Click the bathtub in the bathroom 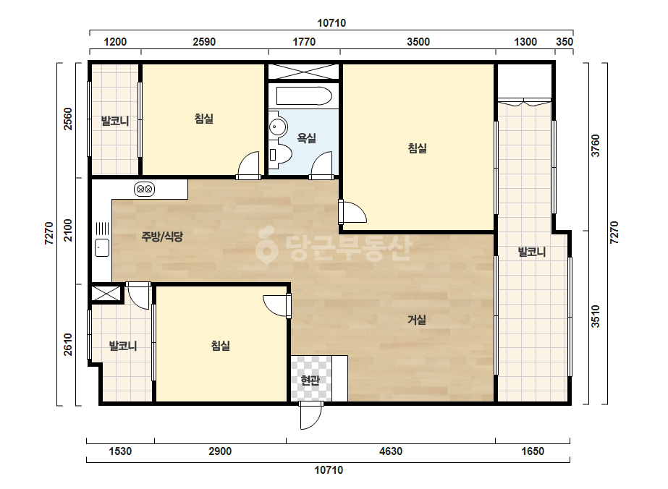pyautogui.click(x=304, y=96)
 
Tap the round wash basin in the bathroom pyautogui.click(x=278, y=127)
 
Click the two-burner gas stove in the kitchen pyautogui.click(x=145, y=189)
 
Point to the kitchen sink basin pyautogui.click(x=102, y=247)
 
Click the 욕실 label pyautogui.click(x=306, y=138)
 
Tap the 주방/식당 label pyautogui.click(x=162, y=237)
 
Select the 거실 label pyautogui.click(x=417, y=320)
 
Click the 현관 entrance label pyautogui.click(x=310, y=380)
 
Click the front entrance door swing pyautogui.click(x=311, y=415)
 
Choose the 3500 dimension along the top pyautogui.click(x=418, y=42)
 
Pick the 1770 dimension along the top pyautogui.click(x=304, y=42)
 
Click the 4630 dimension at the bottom pyautogui.click(x=391, y=451)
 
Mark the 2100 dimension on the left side pyautogui.click(x=68, y=231)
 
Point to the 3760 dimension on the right pyautogui.click(x=596, y=145)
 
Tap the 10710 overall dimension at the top pyautogui.click(x=331, y=23)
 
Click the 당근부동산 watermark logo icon pyautogui.click(x=266, y=244)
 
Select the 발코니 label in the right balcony pyautogui.click(x=532, y=252)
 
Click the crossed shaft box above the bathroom pyautogui.click(x=303, y=72)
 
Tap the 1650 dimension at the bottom pyautogui.click(x=533, y=451)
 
